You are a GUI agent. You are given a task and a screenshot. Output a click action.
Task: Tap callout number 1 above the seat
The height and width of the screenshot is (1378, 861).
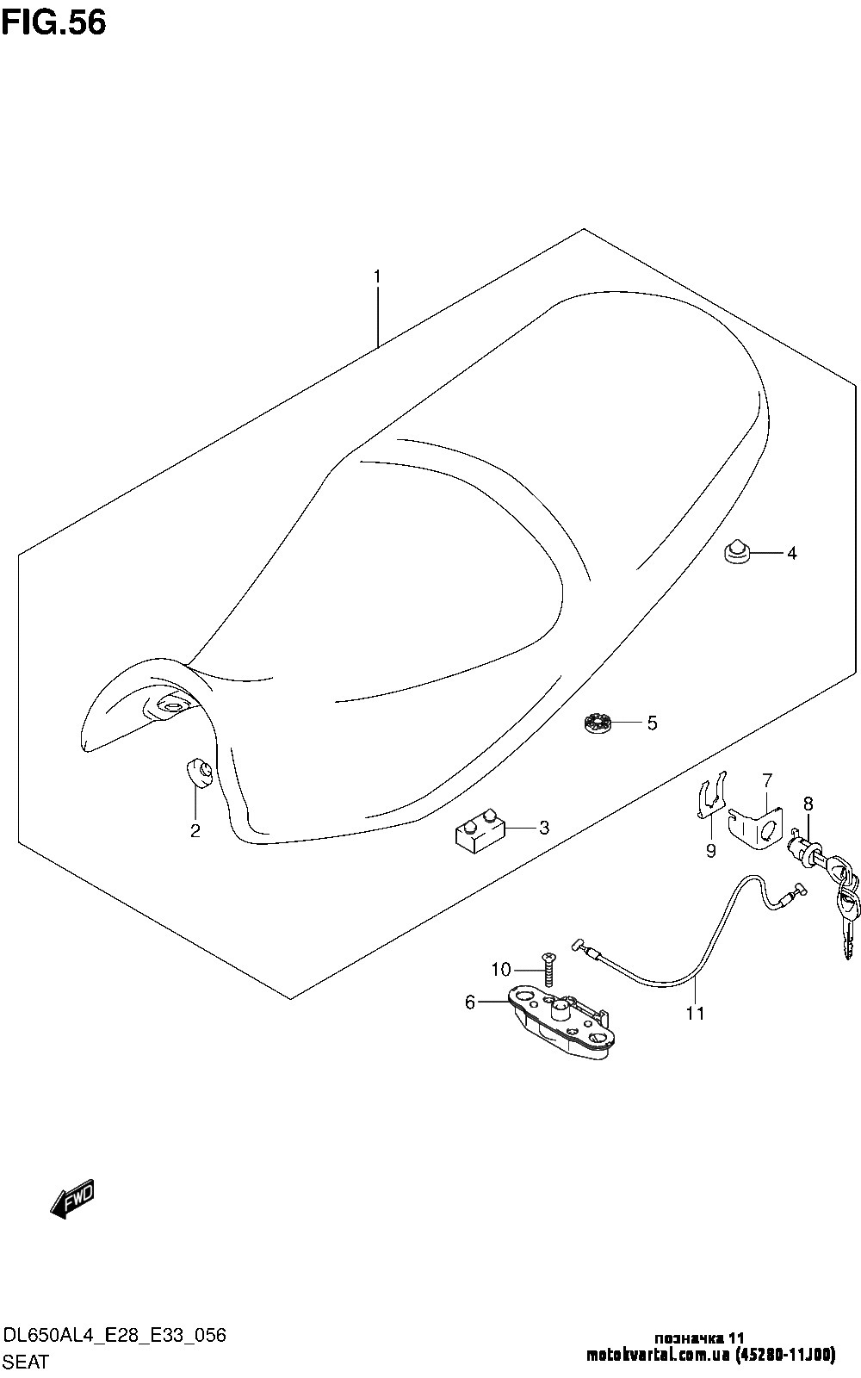click(377, 277)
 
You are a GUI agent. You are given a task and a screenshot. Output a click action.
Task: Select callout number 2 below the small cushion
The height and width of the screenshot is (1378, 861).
click(195, 831)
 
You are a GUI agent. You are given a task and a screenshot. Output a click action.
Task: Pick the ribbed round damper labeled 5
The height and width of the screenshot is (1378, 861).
click(596, 723)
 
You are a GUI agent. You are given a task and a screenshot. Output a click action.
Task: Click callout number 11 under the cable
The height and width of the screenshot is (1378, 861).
click(695, 1014)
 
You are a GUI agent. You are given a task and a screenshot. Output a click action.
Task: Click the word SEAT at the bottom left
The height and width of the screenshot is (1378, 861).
click(26, 1362)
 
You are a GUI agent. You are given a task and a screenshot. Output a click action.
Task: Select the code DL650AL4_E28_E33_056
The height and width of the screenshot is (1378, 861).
click(115, 1336)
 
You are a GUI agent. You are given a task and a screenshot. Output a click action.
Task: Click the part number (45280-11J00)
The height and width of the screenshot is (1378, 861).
click(784, 1355)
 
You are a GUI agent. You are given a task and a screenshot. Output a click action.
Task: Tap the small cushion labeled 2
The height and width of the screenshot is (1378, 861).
click(199, 772)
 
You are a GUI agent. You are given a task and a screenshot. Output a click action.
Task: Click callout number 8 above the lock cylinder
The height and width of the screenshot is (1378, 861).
click(808, 804)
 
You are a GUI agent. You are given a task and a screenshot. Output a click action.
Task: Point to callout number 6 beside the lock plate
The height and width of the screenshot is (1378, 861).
click(470, 1002)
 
